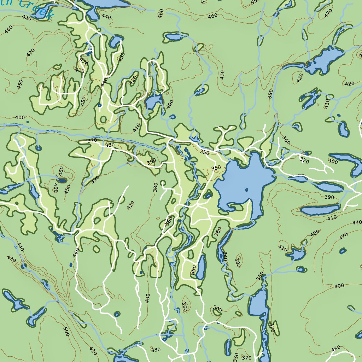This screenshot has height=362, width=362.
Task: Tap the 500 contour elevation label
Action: (66, 331)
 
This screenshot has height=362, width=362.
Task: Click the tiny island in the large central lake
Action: (246, 190)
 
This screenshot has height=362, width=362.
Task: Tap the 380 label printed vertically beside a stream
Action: (270, 94)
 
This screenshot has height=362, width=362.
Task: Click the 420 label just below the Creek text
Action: (26, 17)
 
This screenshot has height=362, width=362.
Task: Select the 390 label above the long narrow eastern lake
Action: (329, 197)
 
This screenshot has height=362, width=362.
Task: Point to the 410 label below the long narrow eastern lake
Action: (332, 218)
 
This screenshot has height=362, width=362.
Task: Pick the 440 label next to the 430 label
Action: (20, 247)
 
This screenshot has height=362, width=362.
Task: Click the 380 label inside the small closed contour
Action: (238, 262)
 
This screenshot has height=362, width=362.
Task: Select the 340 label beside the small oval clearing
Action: (218, 309)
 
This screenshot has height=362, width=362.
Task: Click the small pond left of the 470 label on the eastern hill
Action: (342, 251)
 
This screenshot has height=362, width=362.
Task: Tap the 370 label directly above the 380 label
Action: (92, 140)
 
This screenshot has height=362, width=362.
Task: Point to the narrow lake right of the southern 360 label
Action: (201, 267)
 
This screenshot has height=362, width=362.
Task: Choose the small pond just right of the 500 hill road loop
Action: (116, 314)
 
